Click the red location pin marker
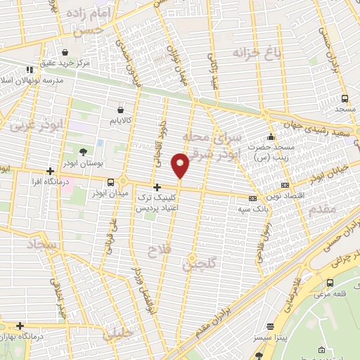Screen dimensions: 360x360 click(x=181, y=165)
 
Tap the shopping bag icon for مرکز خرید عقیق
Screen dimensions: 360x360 click(x=65, y=52)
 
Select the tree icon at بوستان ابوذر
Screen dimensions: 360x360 click(x=84, y=151)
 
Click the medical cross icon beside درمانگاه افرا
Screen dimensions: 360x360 click(x=49, y=171)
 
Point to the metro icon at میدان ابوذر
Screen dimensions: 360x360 click(x=110, y=182)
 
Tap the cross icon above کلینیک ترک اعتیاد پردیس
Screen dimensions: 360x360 click(x=156, y=187)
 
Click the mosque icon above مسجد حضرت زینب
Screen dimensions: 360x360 click(x=271, y=136)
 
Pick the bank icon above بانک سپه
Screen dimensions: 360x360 click(x=252, y=199)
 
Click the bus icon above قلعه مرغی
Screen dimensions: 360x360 click(x=330, y=283)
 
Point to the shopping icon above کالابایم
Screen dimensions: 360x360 click(x=120, y=110)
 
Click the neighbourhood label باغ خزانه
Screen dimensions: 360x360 click(x=252, y=51)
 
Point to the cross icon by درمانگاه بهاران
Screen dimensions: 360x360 click(x=20, y=326)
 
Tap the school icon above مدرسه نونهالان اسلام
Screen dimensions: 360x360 click(x=30, y=70)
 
